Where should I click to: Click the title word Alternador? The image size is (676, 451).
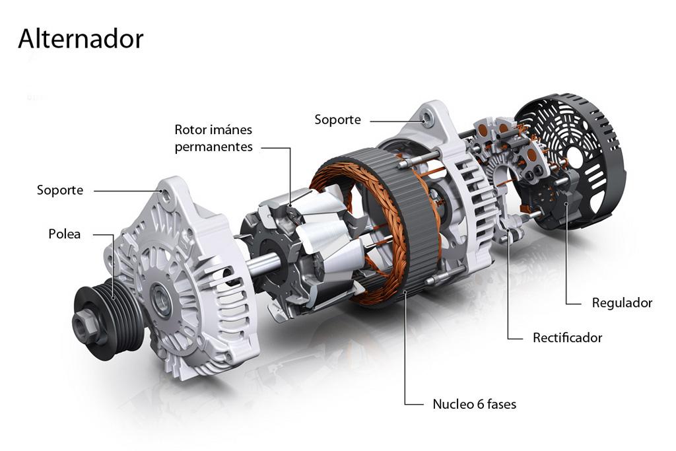pyautogui.click(x=81, y=39)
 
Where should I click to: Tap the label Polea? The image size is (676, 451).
pyautogui.click(x=65, y=234)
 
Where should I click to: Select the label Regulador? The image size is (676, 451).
pyautogui.click(x=621, y=303)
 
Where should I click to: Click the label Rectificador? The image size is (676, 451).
pyautogui.click(x=567, y=337)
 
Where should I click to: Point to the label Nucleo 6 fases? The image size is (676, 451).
pyautogui.click(x=474, y=403)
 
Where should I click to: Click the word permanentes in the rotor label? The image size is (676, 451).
pyautogui.click(x=213, y=147)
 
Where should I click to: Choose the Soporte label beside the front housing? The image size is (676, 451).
pyautogui.click(x=60, y=190)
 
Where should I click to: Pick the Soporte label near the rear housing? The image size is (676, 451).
pyautogui.click(x=337, y=120)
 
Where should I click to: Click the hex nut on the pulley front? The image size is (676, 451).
pyautogui.click(x=84, y=323)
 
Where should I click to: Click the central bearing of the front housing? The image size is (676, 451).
pyautogui.click(x=160, y=300)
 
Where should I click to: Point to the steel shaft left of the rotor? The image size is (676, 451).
pyautogui.click(x=263, y=264)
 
